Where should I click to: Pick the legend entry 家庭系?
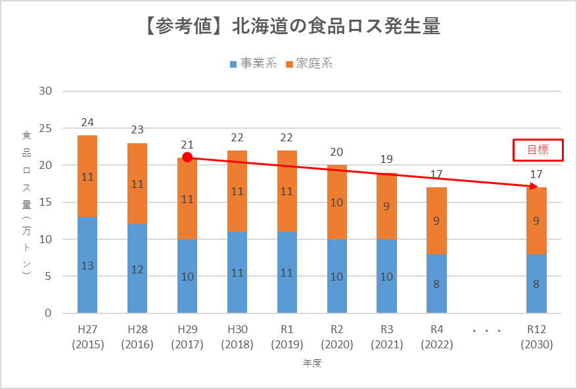pyautogui.click(x=310, y=64)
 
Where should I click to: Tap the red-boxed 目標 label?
pyautogui.click(x=538, y=150)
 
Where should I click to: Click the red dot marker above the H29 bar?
pyautogui.click(x=187, y=157)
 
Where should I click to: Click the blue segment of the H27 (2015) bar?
pyautogui.click(x=87, y=265)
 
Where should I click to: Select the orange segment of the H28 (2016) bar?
pyautogui.click(x=137, y=184)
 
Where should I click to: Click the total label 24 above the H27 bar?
pyautogui.click(x=87, y=122)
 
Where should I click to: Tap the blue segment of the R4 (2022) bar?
pyautogui.click(x=436, y=283)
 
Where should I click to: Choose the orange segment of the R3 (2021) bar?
pyautogui.click(x=386, y=206)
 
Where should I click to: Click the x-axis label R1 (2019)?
pyautogui.click(x=287, y=336)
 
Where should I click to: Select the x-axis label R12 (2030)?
pyautogui.click(x=536, y=336)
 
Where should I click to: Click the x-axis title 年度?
pyautogui.click(x=312, y=362)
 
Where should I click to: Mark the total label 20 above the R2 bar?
pyautogui.click(x=336, y=152)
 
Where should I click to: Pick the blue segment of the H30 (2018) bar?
pyautogui.click(x=237, y=272)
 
